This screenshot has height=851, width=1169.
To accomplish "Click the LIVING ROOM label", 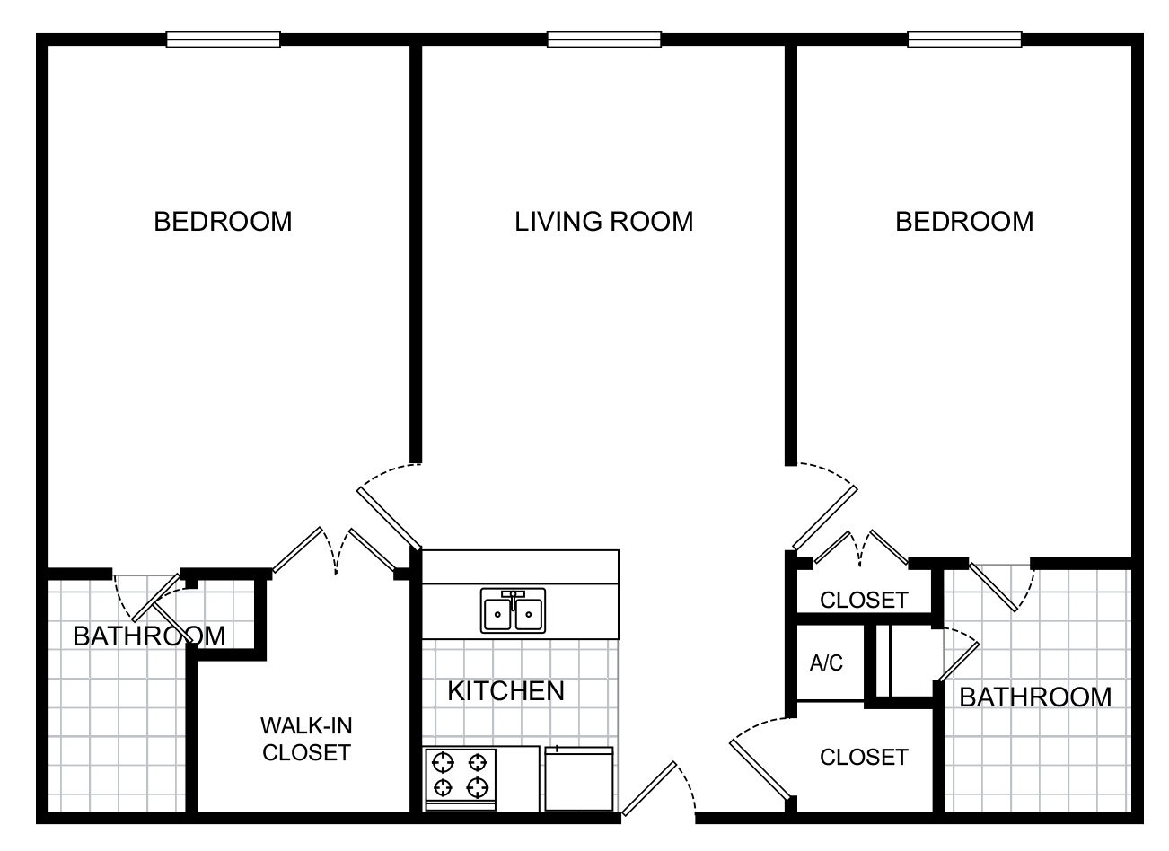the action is tap(604, 222).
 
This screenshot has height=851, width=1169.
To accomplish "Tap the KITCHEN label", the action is tap(505, 691).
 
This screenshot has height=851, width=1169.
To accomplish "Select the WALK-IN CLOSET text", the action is tap(306, 739).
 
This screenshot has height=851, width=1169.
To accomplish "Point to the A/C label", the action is tap(826, 662).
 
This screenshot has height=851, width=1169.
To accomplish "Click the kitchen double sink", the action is tap(513, 611).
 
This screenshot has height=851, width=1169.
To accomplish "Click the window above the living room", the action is tap(604, 39).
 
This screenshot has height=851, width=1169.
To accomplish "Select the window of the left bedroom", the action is tap(224, 39).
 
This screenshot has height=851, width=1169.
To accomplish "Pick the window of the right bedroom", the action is tap(964, 39).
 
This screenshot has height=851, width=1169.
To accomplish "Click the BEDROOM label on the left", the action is tap(223, 222).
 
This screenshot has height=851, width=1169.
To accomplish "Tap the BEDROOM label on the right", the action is tap(964, 222).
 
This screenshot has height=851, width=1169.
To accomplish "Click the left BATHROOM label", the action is tap(149, 636).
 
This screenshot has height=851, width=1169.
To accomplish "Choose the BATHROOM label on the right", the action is tap(1035, 697).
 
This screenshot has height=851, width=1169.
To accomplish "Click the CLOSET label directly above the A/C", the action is tap(864, 600).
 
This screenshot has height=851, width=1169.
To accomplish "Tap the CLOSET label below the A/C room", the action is tap(864, 757).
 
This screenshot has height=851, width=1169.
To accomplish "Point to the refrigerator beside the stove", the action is tap(579, 778).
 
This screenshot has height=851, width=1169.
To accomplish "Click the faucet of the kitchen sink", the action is tap(513, 599).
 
